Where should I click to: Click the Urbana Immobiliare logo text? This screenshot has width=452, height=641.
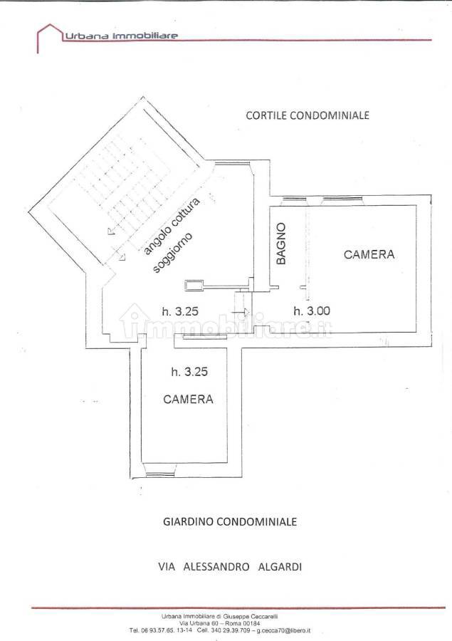point(122,36)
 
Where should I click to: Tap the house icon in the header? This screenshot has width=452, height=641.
point(48,38)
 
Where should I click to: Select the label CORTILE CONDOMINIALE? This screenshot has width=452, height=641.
point(308,115)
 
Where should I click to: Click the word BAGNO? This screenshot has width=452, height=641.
point(280,244)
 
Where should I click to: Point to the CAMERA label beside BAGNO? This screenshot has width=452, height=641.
point(369,254)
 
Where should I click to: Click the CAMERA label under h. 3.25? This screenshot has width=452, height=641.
point(188,399)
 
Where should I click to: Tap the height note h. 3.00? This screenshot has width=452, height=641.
point(312,311)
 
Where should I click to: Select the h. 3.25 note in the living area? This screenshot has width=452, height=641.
point(180,311)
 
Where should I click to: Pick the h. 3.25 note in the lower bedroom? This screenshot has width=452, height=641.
point(189,372)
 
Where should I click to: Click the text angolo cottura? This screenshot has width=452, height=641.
point(172,226)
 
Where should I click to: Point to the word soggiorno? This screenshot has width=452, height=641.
point(172,252)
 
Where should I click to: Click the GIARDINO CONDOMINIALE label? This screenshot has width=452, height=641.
point(230,521)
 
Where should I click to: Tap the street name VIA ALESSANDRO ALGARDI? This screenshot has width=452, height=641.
point(230,567)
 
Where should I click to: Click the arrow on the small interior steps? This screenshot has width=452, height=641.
point(241,313)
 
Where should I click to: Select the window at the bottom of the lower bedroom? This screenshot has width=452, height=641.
point(159,474)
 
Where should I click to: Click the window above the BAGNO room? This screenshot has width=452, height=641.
point(294,199)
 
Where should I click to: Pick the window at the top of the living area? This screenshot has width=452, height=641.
point(233,164)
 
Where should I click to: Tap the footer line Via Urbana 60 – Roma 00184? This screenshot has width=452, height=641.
point(220,623)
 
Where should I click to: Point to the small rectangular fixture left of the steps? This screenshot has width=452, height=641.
point(194,284)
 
